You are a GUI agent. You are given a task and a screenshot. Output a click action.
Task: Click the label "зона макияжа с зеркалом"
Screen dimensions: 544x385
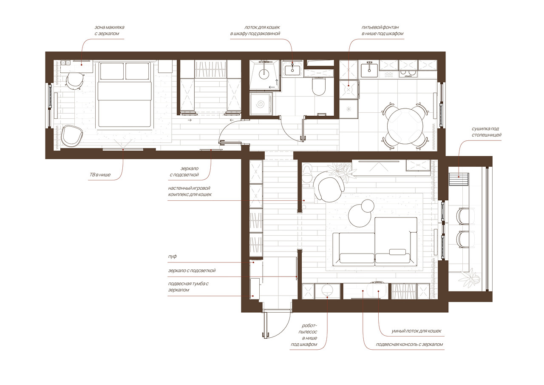click(109, 30)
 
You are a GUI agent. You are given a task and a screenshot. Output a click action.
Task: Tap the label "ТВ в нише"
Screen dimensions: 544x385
click(100, 175)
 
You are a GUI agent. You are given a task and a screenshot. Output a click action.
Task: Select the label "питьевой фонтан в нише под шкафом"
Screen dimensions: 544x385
click(382, 30)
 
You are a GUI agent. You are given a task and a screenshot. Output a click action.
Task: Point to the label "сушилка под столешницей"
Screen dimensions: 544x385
click(487, 132)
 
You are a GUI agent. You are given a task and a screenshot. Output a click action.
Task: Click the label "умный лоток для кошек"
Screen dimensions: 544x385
click(416, 331)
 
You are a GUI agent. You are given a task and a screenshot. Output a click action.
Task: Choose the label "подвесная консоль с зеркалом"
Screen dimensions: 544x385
click(409, 345)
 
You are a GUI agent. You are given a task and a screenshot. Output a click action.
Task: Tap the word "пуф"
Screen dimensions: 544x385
click(172, 257)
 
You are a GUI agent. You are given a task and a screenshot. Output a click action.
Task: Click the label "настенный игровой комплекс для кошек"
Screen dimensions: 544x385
click(190, 191)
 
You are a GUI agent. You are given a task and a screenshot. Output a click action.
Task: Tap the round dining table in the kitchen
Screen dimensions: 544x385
click(405, 126)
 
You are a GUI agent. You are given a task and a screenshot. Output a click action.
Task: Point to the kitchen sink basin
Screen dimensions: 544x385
click(369, 71)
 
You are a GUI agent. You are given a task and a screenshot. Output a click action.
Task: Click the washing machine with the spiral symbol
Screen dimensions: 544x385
click(261, 105)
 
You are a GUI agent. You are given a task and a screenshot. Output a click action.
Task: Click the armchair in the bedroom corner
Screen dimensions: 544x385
click(71, 136)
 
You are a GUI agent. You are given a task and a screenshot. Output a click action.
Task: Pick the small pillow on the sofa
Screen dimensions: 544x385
click(397, 252)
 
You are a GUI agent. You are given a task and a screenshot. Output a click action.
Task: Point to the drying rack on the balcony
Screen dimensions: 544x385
click(458, 179)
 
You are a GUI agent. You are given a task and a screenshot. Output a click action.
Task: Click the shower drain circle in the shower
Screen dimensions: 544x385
click(264, 74)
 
